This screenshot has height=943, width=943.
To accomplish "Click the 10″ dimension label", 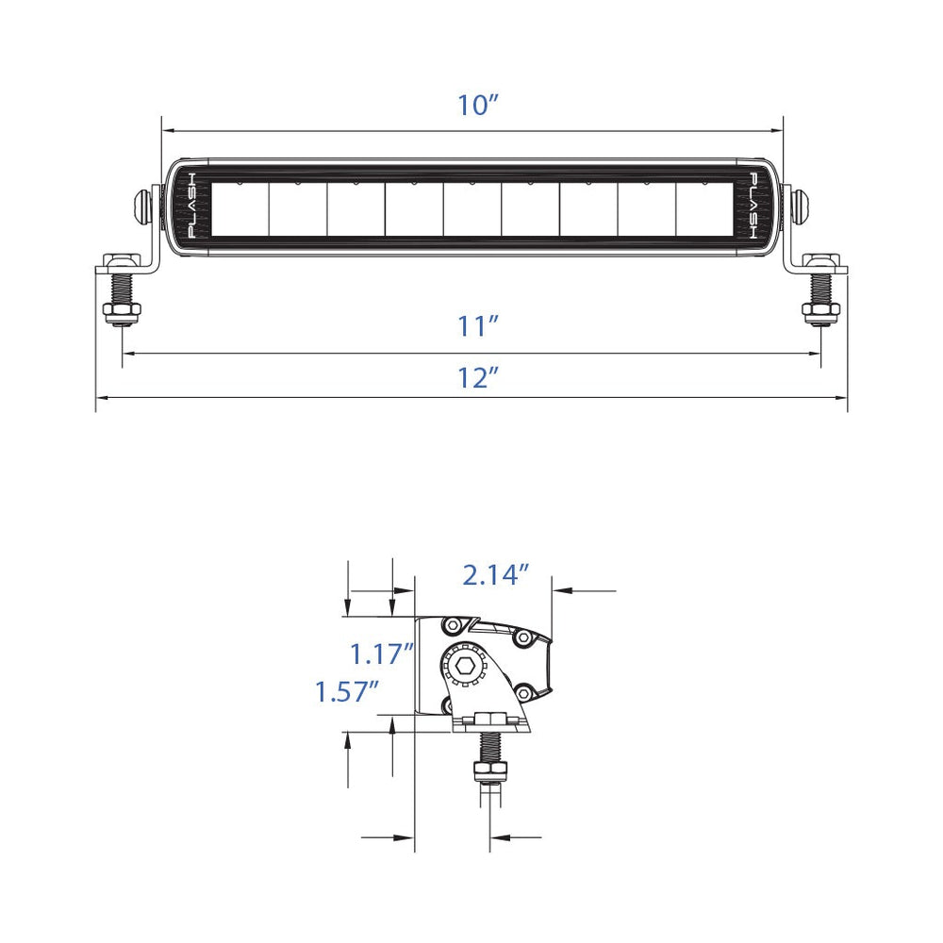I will click(477, 106).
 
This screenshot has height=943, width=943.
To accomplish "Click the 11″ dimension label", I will click(477, 327).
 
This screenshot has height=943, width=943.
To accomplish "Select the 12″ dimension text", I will click(477, 378).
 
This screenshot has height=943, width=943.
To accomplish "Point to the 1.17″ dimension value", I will click(382, 653).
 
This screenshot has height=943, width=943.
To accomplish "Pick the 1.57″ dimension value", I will click(347, 692).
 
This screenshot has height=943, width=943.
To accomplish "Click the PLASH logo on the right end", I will click(754, 206).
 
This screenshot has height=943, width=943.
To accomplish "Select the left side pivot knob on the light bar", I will click(144, 205).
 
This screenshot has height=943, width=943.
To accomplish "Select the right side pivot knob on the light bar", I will click(802, 205).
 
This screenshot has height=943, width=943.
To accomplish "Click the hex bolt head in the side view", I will click(464, 666).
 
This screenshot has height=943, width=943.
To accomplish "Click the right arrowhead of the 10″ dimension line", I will click(778, 131).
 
